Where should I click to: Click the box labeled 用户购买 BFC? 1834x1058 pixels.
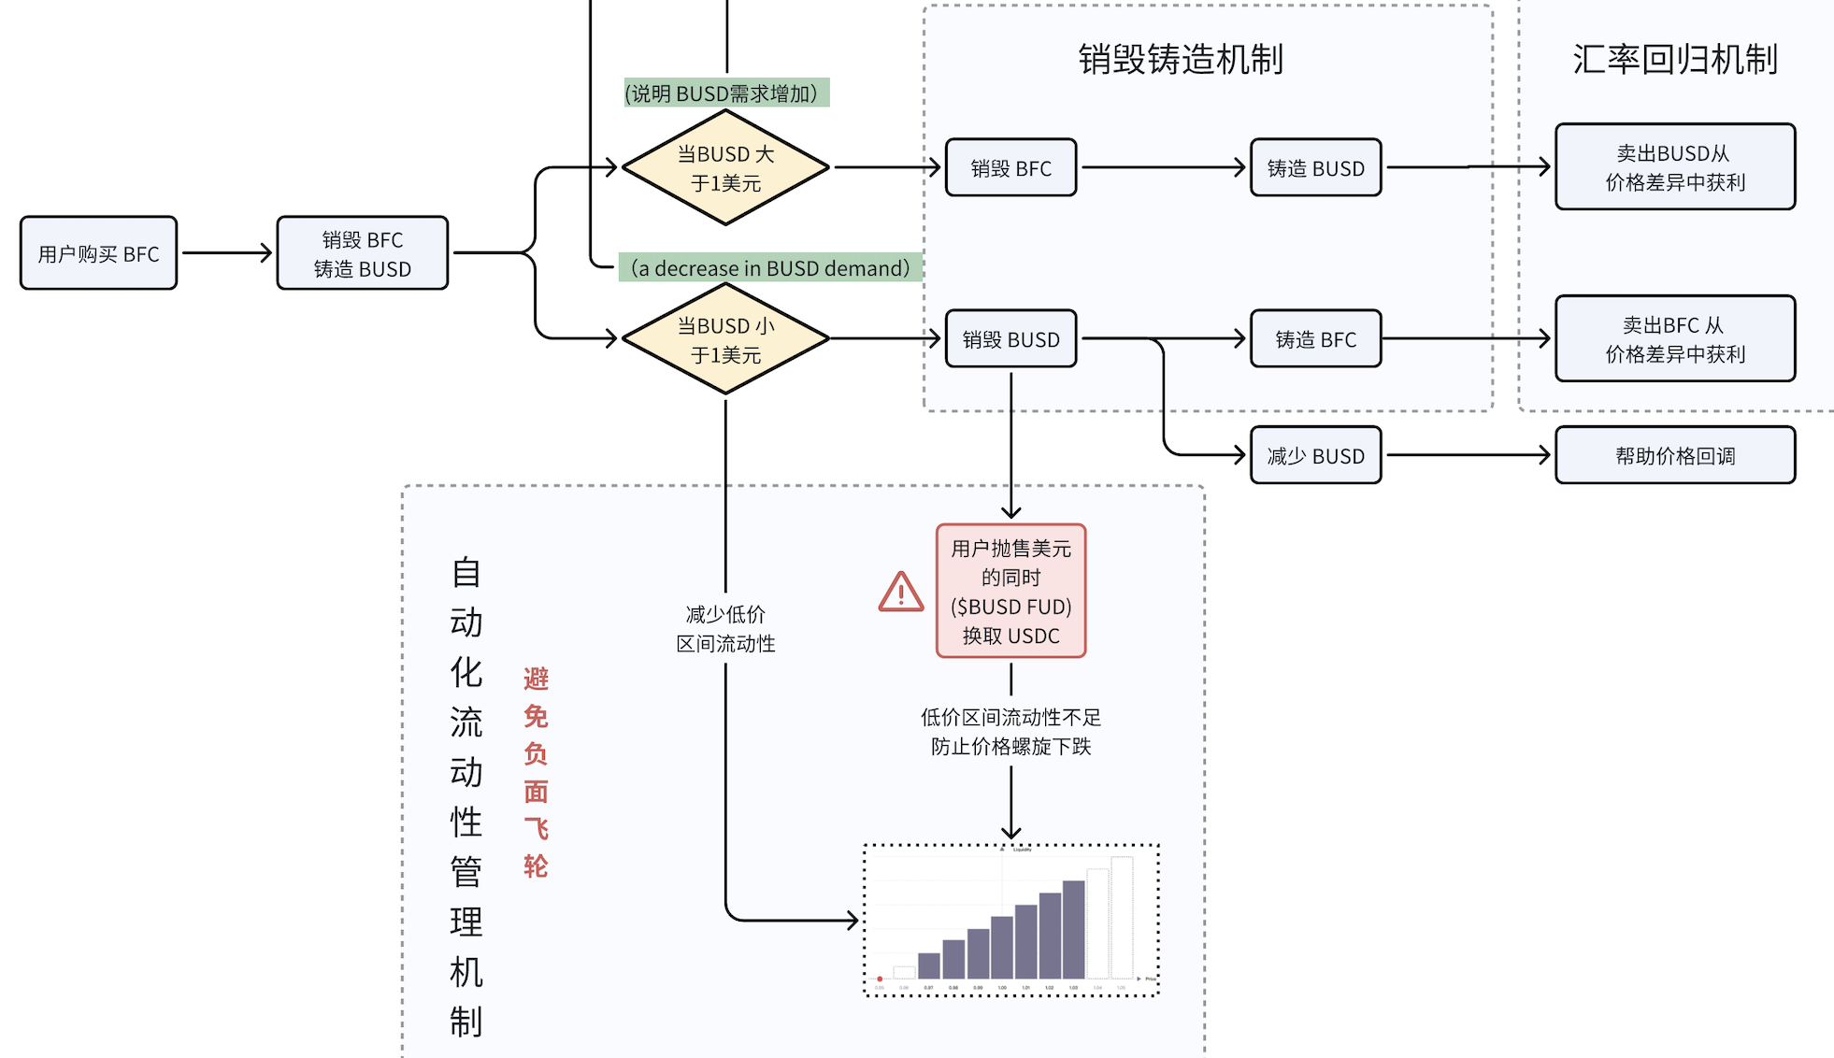(98, 253)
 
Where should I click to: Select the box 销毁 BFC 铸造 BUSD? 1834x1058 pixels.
(362, 253)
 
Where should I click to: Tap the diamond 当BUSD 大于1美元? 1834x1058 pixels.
(725, 168)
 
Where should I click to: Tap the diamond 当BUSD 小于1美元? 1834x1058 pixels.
(725, 339)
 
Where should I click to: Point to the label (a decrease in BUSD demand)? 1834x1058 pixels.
(770, 268)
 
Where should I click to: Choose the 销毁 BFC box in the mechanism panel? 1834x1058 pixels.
(1010, 168)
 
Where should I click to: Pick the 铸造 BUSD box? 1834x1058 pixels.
(1315, 168)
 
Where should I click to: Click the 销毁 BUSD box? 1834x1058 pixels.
(1010, 339)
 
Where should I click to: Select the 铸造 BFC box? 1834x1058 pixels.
(1315, 339)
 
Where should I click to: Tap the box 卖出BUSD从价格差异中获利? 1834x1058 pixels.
(1674, 167)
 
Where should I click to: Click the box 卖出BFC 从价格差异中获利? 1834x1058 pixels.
(1674, 339)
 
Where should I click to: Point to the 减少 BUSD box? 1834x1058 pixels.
(1315, 456)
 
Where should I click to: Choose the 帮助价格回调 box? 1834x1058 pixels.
(1674, 456)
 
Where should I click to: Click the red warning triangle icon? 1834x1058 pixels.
(901, 593)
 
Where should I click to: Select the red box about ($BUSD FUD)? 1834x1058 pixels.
(1010, 592)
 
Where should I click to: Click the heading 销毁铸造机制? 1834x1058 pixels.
(1180, 60)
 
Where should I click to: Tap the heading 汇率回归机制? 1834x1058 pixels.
(1674, 60)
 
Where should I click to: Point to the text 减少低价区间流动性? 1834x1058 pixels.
(725, 629)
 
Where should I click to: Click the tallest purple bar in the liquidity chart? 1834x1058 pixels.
(1073, 929)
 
